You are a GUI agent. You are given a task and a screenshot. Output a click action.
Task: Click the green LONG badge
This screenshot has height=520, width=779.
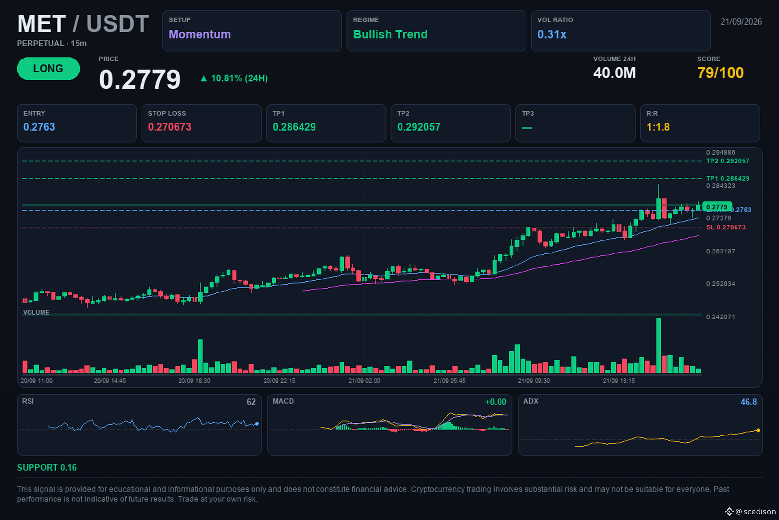tap(48, 68)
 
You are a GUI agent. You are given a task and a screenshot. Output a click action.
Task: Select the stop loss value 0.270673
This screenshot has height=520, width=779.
tap(169, 127)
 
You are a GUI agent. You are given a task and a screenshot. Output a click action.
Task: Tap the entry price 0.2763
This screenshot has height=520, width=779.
tap(39, 127)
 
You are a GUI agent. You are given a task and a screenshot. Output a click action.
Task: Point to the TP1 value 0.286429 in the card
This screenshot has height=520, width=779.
tap(294, 127)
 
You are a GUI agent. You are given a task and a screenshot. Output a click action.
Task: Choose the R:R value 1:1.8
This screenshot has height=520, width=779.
tap(658, 127)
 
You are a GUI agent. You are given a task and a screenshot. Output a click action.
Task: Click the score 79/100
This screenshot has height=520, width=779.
tap(720, 73)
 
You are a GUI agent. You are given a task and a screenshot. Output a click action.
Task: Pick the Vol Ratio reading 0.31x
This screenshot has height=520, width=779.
tap(552, 34)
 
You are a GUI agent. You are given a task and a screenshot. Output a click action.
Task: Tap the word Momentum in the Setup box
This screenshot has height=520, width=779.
tap(200, 34)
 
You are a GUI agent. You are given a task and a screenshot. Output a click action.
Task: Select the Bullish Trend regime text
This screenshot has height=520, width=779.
tap(390, 34)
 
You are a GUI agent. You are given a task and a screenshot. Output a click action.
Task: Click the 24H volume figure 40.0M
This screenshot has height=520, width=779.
tap(614, 73)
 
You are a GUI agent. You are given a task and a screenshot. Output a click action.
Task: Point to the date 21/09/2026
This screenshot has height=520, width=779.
tap(741, 21)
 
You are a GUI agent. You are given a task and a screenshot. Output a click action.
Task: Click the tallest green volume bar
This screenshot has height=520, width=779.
tap(659, 345)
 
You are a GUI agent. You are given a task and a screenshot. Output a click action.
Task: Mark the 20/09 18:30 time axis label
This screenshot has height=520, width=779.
tap(194, 381)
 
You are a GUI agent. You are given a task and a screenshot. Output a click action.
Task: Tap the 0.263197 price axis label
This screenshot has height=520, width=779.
tap(720, 251)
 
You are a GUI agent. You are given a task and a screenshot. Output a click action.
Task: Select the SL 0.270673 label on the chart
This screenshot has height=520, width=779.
tap(726, 227)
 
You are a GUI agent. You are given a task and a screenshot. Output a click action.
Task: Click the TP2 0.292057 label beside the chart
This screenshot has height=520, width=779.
tap(728, 161)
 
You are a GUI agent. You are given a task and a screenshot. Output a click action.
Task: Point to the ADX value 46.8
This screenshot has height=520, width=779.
tap(748, 402)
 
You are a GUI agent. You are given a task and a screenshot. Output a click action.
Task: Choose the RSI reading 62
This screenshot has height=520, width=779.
tap(251, 402)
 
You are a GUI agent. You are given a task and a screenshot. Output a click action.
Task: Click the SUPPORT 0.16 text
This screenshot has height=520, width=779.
tap(47, 468)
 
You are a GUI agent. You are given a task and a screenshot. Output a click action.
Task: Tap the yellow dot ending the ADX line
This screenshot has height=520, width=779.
tap(758, 430)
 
